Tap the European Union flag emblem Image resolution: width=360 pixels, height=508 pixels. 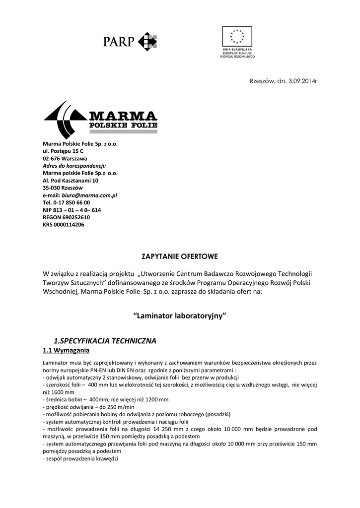237,37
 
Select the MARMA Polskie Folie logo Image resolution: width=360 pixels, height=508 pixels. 101,120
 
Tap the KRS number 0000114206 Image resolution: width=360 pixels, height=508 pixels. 70,225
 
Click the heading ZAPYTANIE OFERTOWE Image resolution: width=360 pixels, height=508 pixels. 180,256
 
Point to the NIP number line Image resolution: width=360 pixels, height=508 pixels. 72,210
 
